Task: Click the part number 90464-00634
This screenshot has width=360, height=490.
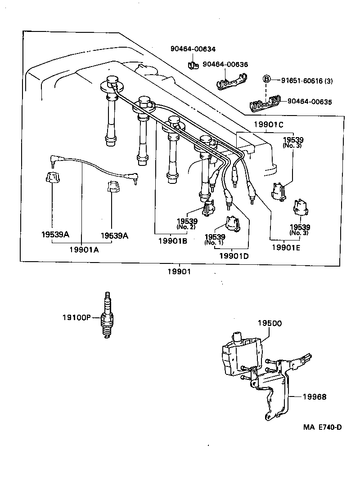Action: pyautogui.click(x=193, y=49)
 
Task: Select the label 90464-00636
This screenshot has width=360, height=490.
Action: pyautogui.click(x=225, y=64)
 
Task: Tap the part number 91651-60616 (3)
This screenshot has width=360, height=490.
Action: pyautogui.click(x=307, y=81)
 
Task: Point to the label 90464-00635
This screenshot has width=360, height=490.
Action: pyautogui.click(x=310, y=102)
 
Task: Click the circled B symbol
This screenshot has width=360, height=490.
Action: pyautogui.click(x=266, y=79)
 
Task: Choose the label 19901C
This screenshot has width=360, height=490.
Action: pyautogui.click(x=268, y=125)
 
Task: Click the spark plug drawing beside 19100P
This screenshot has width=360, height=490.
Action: pyautogui.click(x=107, y=315)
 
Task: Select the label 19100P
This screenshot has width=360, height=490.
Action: pyautogui.click(x=76, y=317)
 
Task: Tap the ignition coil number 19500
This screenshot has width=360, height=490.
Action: pyautogui.click(x=270, y=323)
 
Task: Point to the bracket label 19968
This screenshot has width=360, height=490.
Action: pyautogui.click(x=315, y=397)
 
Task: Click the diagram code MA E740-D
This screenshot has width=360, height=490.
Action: pyautogui.click(x=323, y=427)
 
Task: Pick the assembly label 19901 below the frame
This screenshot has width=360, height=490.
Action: pyautogui.click(x=179, y=272)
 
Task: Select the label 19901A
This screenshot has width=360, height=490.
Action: pyautogui.click(x=84, y=249)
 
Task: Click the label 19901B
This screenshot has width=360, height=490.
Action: pyautogui.click(x=173, y=241)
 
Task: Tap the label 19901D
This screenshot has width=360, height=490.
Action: pyautogui.click(x=234, y=256)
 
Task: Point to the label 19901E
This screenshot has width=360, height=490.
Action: pyautogui.click(x=286, y=248)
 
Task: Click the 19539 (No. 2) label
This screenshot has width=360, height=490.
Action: pyautogui.click(x=187, y=224)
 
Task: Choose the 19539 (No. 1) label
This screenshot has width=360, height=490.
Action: pyautogui.click(x=215, y=239)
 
